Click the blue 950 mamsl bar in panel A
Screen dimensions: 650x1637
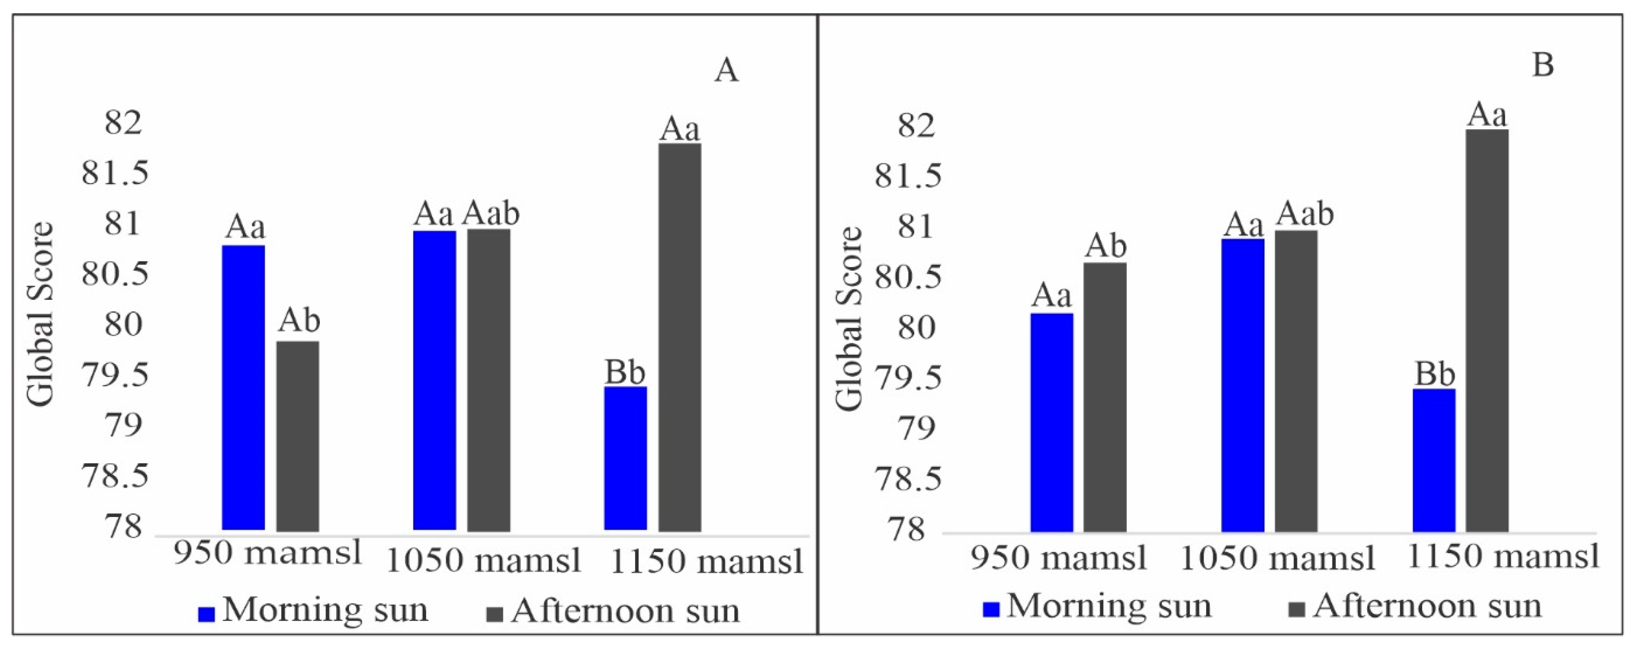click(x=243, y=388)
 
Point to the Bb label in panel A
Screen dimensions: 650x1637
click(x=625, y=373)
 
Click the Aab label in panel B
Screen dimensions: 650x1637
click(x=1305, y=214)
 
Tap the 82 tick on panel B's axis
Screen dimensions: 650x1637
click(x=916, y=126)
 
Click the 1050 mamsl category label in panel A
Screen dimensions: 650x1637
click(x=483, y=561)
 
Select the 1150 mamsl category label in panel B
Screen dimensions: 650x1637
click(x=1503, y=557)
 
